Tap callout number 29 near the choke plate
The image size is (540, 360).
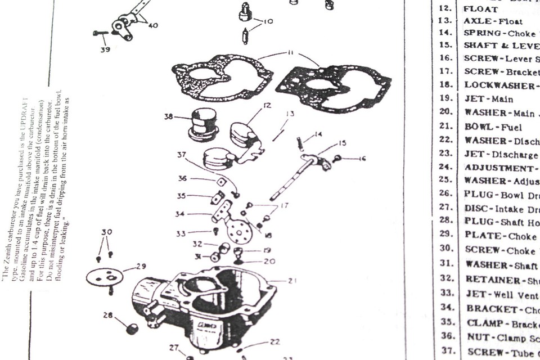pyautogui.click(x=141, y=267)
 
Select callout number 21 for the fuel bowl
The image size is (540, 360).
pyautogui.click(x=292, y=280)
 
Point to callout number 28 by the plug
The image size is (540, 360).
pyautogui.click(x=108, y=316)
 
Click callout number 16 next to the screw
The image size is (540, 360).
pyautogui.click(x=361, y=159)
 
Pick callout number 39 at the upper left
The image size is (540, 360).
pyautogui.click(x=105, y=50)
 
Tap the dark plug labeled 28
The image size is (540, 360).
pyautogui.click(x=132, y=328)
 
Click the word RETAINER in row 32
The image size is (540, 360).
pyautogui.click(x=487, y=280)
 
